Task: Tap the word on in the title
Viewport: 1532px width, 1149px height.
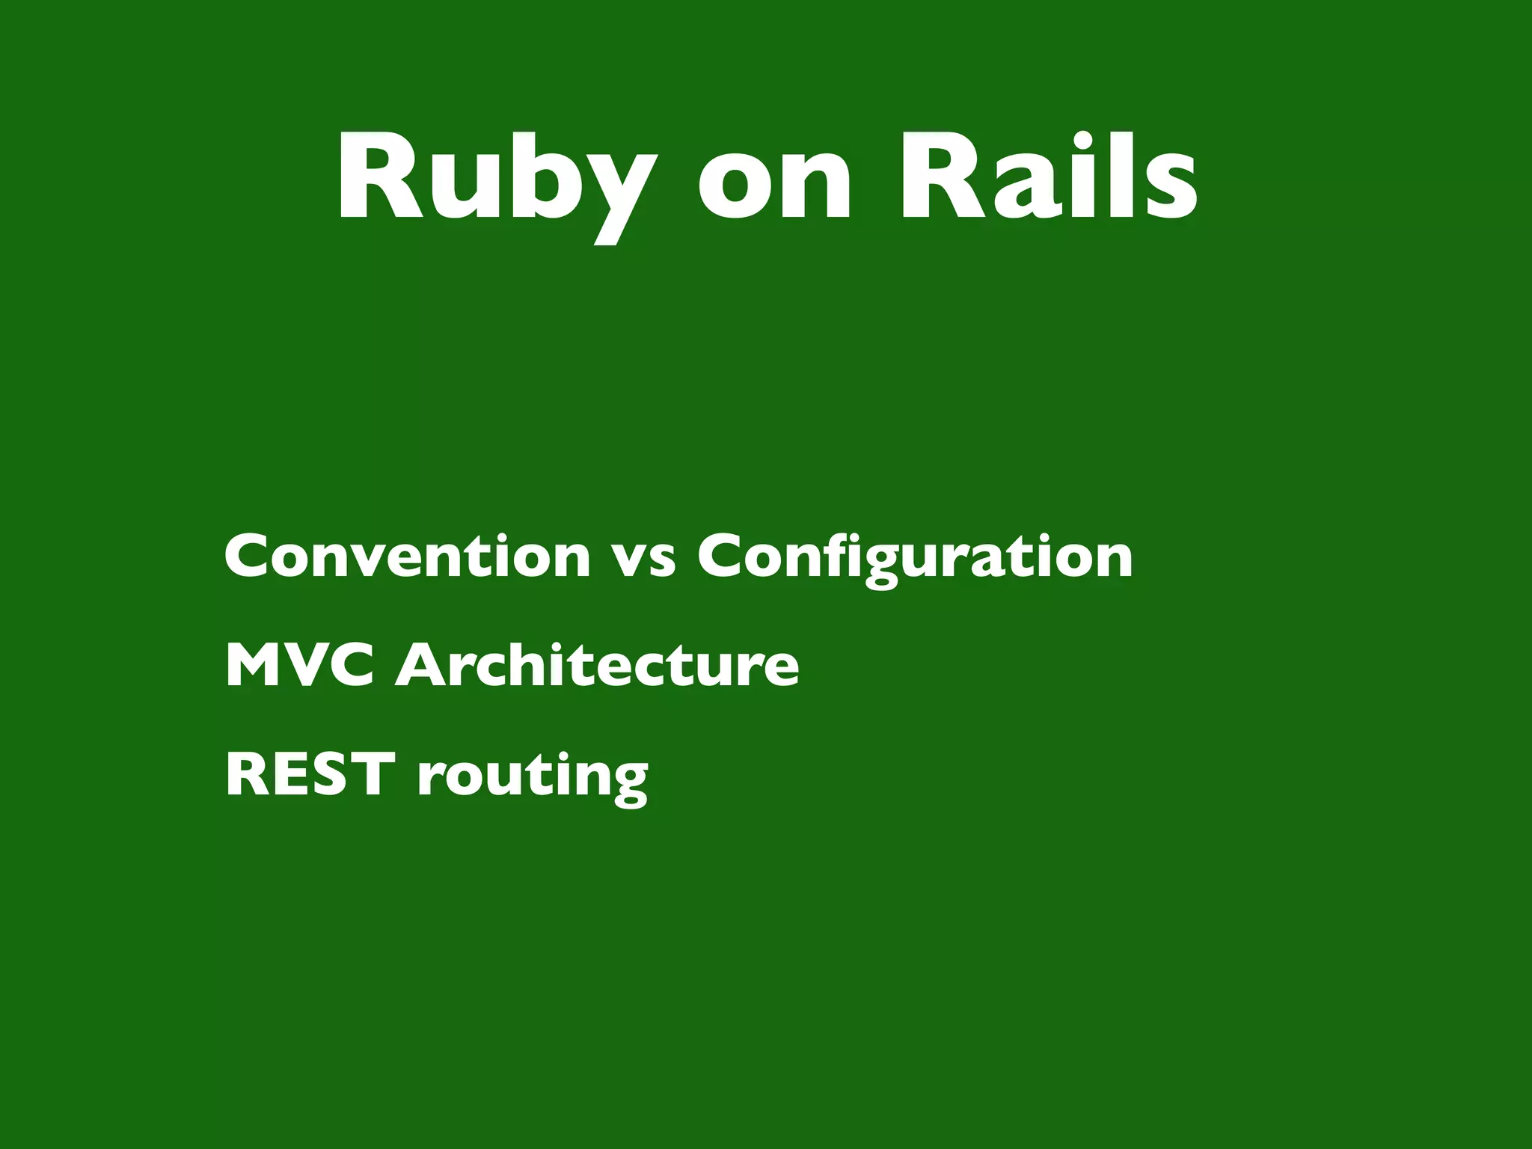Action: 774,183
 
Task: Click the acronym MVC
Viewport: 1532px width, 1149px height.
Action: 299,665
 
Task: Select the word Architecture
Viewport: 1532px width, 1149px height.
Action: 597,665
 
